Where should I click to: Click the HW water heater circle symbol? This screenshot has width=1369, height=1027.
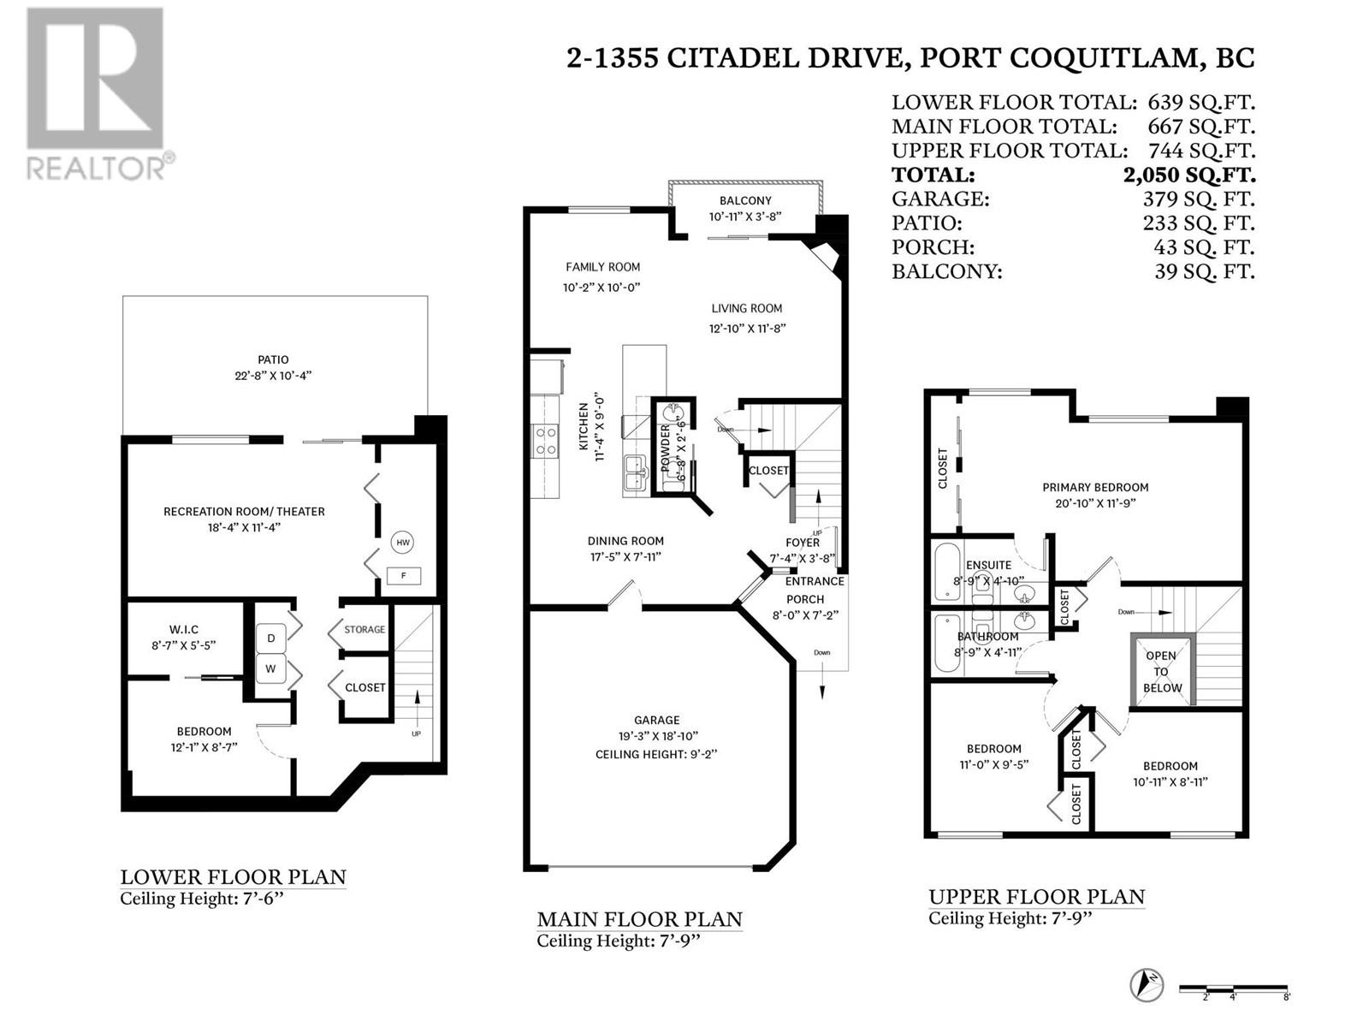click(x=403, y=542)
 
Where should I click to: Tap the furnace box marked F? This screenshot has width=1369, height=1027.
click(x=403, y=576)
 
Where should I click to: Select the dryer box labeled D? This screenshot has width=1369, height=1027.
click(x=271, y=638)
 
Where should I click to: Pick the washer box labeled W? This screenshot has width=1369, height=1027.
click(x=271, y=669)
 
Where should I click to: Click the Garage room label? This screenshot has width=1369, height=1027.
click(x=656, y=721)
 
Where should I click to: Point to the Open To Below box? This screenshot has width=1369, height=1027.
click(x=1161, y=671)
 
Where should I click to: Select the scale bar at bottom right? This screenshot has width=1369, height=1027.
click(x=1233, y=989)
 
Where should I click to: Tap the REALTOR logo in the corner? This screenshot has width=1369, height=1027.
click(x=96, y=94)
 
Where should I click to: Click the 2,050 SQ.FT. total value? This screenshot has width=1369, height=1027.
click(x=1189, y=175)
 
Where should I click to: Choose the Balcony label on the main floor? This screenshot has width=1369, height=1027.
click(x=745, y=201)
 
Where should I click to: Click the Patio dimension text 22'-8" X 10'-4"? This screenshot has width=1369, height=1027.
click(x=274, y=376)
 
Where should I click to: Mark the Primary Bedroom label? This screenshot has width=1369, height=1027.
click(x=1095, y=488)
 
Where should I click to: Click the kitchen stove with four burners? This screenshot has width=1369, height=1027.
click(x=545, y=442)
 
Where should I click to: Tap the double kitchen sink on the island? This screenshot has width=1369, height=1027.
click(x=636, y=473)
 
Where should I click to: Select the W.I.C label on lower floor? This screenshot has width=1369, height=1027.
click(x=184, y=630)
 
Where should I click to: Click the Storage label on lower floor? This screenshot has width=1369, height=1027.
click(x=364, y=630)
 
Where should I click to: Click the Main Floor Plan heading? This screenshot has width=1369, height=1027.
click(x=639, y=920)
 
